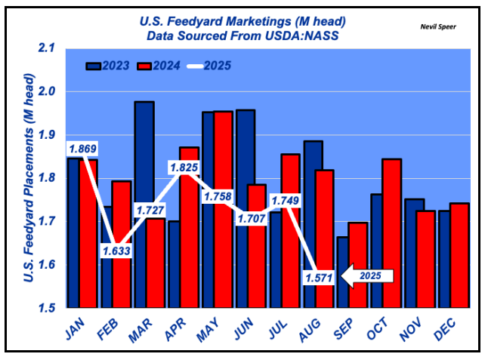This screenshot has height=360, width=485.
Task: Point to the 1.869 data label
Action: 82,149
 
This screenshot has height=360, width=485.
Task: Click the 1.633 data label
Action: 117,251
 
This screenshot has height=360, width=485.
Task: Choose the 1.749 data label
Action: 286,200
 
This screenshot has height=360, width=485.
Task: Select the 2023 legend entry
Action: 104,66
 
